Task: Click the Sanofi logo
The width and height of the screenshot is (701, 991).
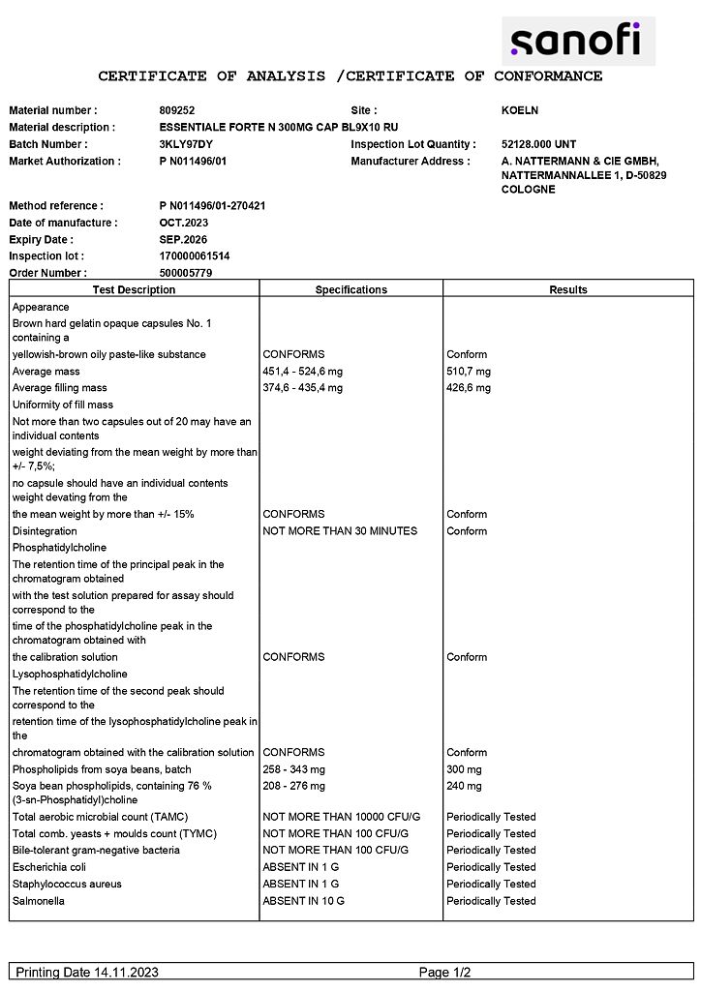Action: pos(577,41)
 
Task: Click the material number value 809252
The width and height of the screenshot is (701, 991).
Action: pos(177,110)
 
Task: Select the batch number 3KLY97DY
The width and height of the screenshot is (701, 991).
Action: pos(185,144)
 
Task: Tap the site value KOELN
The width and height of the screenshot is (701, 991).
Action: pos(519,110)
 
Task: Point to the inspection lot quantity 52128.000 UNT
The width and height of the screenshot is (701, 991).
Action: pos(538,144)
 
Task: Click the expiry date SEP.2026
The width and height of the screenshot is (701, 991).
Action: pos(184,239)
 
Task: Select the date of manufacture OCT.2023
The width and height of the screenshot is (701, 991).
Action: pos(184,223)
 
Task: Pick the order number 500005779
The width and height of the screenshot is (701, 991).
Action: pos(186,273)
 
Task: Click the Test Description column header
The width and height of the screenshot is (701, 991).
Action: pos(134,289)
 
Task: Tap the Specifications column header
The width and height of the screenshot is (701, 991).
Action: pos(350,289)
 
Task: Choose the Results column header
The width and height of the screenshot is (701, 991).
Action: pos(568,289)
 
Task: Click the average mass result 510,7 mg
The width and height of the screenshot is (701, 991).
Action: pos(469,372)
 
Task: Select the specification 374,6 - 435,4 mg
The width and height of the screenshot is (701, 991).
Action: pos(302,388)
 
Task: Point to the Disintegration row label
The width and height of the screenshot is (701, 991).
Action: pos(45,531)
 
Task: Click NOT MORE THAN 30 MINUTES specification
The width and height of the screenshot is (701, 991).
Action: pos(340,531)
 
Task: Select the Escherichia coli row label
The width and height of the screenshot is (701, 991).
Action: pos(49,867)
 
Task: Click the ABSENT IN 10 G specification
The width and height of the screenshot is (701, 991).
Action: pos(303,901)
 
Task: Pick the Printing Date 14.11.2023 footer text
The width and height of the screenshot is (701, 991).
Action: pos(87,972)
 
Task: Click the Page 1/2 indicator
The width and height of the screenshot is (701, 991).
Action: pos(444,972)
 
